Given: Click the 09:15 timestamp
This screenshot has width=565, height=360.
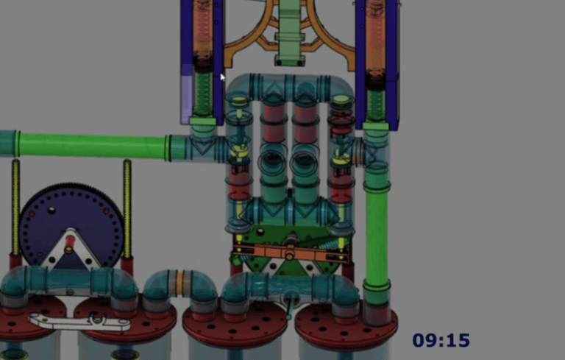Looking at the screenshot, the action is point(441,341).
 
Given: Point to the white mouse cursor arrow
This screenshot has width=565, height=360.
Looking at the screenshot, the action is point(223,77).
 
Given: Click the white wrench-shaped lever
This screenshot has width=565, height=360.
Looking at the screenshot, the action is point(80,322).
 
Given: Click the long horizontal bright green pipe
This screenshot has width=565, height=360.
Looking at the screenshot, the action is point(92,145).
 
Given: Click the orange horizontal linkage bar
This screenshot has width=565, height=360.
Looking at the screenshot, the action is point(291,252).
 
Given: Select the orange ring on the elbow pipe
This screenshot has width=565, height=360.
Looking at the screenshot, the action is point(179,283).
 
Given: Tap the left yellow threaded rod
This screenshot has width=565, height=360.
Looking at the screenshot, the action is point(16,207).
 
